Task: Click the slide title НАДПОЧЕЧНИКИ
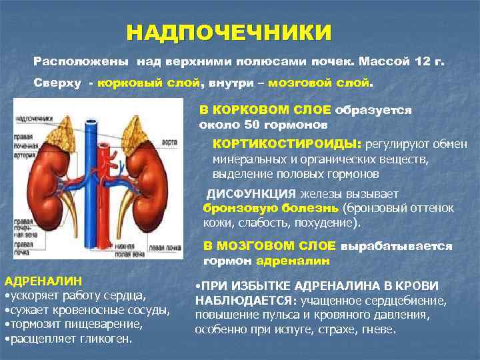229,32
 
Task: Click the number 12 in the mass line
419,61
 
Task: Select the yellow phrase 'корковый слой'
148,84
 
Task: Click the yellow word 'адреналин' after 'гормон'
287,260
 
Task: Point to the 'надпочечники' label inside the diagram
35,119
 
